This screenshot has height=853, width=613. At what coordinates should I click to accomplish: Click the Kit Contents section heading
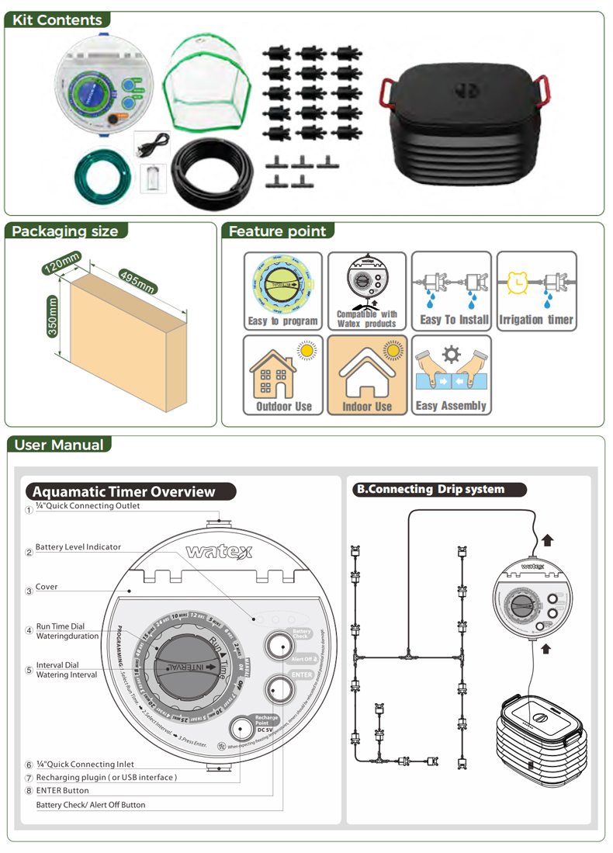click(57, 20)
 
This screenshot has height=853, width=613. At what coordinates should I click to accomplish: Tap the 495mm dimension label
click(137, 280)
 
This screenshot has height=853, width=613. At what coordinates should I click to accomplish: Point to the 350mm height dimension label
click(52, 316)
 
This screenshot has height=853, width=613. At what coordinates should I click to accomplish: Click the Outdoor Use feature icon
click(283, 375)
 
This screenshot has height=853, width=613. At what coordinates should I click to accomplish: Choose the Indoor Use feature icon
click(367, 375)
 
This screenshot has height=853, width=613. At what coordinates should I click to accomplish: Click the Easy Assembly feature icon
click(451, 375)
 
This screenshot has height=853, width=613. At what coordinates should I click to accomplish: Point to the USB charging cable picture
click(152, 146)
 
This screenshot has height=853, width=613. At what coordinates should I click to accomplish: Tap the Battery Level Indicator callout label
click(78, 547)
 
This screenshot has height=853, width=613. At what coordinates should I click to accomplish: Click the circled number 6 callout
click(29, 765)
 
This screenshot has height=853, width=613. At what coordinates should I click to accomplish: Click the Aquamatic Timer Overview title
click(124, 491)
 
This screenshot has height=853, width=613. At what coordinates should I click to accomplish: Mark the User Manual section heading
click(59, 445)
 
